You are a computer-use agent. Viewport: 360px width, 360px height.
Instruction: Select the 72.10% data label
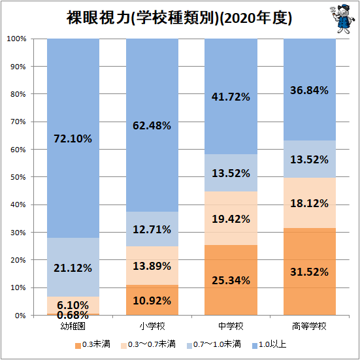click(x=73, y=139)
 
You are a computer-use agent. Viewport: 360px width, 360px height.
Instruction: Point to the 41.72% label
click(x=230, y=97)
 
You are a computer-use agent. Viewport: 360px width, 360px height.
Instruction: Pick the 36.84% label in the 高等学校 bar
click(x=308, y=91)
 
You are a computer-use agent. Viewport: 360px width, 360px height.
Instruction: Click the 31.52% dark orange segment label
click(x=308, y=272)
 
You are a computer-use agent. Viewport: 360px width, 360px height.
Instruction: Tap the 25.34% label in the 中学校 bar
click(x=230, y=280)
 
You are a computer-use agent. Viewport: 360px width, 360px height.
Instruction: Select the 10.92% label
click(x=152, y=301)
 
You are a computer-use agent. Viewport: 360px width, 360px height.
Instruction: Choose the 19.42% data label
click(x=230, y=219)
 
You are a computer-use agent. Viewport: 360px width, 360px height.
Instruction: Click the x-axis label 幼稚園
click(x=73, y=325)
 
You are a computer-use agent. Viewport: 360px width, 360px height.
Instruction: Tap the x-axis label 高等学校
click(x=308, y=325)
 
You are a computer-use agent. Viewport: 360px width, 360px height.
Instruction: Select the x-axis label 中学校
click(x=230, y=325)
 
